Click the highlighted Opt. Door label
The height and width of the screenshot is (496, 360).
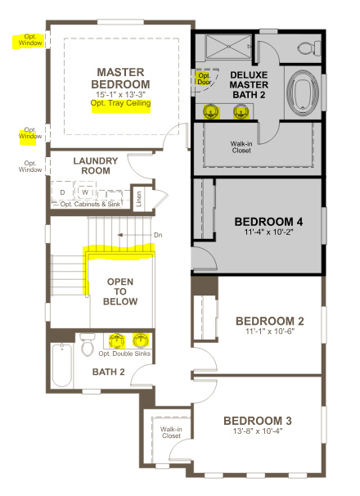(204, 79)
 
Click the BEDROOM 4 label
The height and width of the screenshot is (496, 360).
(268, 221)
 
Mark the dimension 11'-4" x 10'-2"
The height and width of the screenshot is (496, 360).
(268, 233)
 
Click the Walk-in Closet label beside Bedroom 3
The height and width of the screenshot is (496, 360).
(171, 432)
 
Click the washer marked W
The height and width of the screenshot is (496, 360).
(84, 192)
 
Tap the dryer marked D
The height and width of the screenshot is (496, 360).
(62, 192)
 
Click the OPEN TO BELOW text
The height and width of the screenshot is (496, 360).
(120, 291)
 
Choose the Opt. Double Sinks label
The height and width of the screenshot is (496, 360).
(124, 353)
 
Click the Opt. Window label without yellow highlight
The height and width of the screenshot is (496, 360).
(29, 167)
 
